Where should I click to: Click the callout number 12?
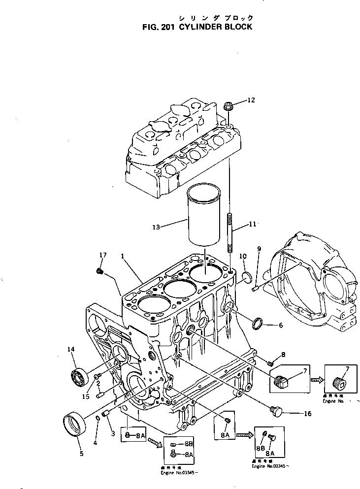coord(251,100)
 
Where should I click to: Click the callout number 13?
coord(157,227)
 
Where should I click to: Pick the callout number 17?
coord(102,255)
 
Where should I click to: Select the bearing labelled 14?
coord(79,377)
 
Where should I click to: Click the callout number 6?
coord(280,325)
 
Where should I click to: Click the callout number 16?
coord(307,414)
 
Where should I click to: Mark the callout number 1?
coord(122,256)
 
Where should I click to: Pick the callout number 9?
coord(259,249)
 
